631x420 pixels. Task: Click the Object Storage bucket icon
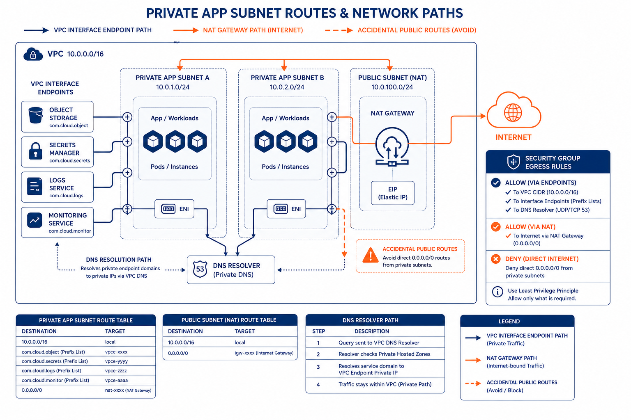(x=35, y=115)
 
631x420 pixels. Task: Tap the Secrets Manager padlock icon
(x=35, y=151)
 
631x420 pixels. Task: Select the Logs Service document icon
(x=35, y=186)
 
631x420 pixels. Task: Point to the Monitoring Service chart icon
(x=35, y=220)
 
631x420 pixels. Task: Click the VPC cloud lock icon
(x=33, y=54)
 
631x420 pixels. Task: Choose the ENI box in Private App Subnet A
(x=174, y=209)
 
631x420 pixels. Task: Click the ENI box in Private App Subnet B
(x=286, y=209)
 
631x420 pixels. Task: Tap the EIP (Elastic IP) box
(x=393, y=193)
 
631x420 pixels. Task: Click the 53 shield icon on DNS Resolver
(x=200, y=269)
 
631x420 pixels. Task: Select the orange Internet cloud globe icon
(x=513, y=112)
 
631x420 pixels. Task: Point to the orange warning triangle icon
(x=371, y=255)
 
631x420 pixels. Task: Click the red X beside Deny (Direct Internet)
(x=496, y=259)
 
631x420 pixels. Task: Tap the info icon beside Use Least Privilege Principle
(x=497, y=292)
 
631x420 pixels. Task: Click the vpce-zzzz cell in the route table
(x=116, y=370)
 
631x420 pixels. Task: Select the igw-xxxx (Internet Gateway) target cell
(x=264, y=353)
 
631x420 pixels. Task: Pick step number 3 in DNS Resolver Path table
(x=318, y=367)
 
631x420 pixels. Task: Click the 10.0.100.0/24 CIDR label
(x=392, y=87)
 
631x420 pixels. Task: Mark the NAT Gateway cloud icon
(x=392, y=146)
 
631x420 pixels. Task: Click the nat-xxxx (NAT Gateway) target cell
(x=128, y=390)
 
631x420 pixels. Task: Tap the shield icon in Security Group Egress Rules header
(x=514, y=162)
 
